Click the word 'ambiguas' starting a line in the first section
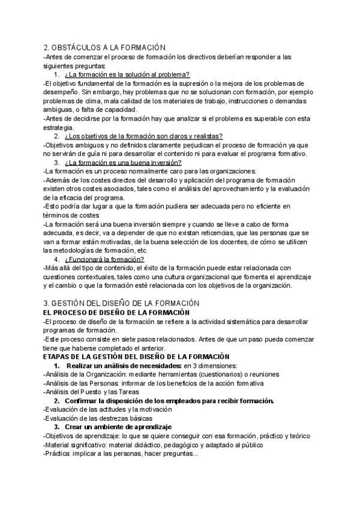point(57,110)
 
